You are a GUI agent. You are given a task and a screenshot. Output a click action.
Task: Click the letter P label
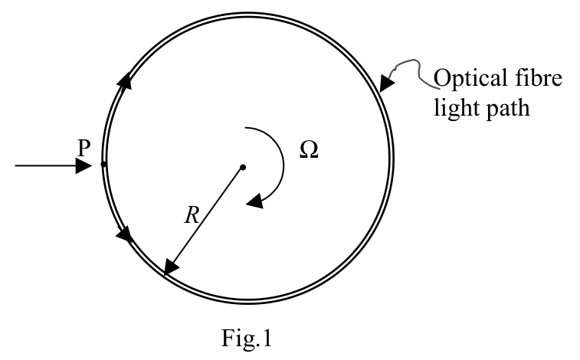click(84, 149)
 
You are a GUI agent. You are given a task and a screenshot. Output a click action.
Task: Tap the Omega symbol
click(309, 149)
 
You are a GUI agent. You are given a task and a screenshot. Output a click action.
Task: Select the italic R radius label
click(192, 215)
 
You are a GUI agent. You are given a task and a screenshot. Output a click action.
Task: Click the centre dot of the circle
click(243, 168)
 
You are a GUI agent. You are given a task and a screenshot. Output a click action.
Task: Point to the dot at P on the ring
click(103, 164)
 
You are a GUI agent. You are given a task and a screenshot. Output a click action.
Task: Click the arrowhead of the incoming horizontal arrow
click(84, 165)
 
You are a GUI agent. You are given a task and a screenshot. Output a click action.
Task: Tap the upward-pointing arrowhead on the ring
click(125, 80)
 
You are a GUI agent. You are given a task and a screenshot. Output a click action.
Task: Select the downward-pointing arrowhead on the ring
click(124, 234)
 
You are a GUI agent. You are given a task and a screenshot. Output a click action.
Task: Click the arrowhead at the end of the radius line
click(171, 267)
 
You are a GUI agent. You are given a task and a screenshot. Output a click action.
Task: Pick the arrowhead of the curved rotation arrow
click(255, 201)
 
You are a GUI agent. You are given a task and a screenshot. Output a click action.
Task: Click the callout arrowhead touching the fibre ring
click(386, 83)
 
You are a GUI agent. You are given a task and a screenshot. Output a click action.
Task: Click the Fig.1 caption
click(247, 338)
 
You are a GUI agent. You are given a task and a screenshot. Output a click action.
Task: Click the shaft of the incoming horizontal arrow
click(45, 165)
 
